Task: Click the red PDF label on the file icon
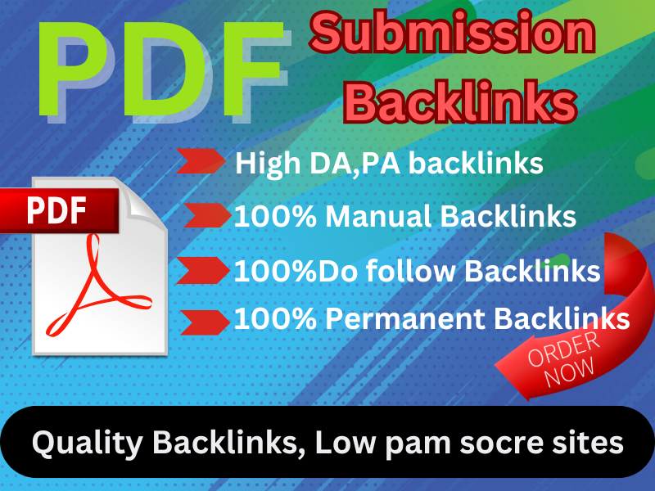click(57, 210)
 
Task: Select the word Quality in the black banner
click(77, 444)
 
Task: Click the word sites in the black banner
click(589, 444)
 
